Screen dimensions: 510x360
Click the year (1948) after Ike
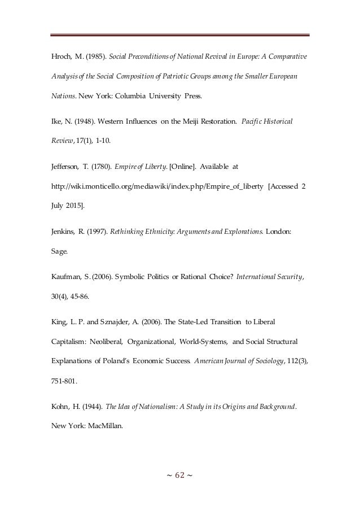[81, 121]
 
